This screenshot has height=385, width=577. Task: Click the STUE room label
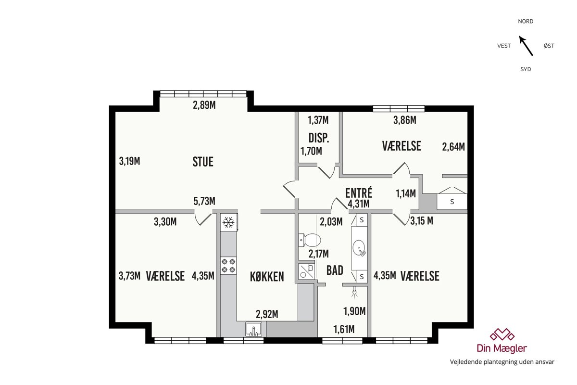203,162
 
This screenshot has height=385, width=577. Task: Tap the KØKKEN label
267,277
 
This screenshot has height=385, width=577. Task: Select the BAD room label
335,270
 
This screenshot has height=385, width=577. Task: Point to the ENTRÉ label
359,192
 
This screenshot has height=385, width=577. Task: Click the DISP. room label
319,138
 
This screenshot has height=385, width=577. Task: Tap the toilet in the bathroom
310,240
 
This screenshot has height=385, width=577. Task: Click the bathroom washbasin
359,248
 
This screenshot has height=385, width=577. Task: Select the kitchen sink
253,329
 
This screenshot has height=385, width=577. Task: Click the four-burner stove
228,266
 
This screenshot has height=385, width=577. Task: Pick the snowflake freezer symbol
228,222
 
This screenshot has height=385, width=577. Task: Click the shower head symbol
355,293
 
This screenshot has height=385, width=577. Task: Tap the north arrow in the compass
526,46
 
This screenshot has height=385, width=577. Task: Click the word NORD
526,21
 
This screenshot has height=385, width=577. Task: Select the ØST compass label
549,46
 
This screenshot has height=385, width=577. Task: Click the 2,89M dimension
204,105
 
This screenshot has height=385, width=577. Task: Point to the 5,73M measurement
204,201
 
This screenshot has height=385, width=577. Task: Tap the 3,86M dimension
405,120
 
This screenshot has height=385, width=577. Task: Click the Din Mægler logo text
502,348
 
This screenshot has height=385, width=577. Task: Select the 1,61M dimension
344,329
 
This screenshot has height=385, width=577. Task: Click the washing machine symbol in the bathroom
307,271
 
